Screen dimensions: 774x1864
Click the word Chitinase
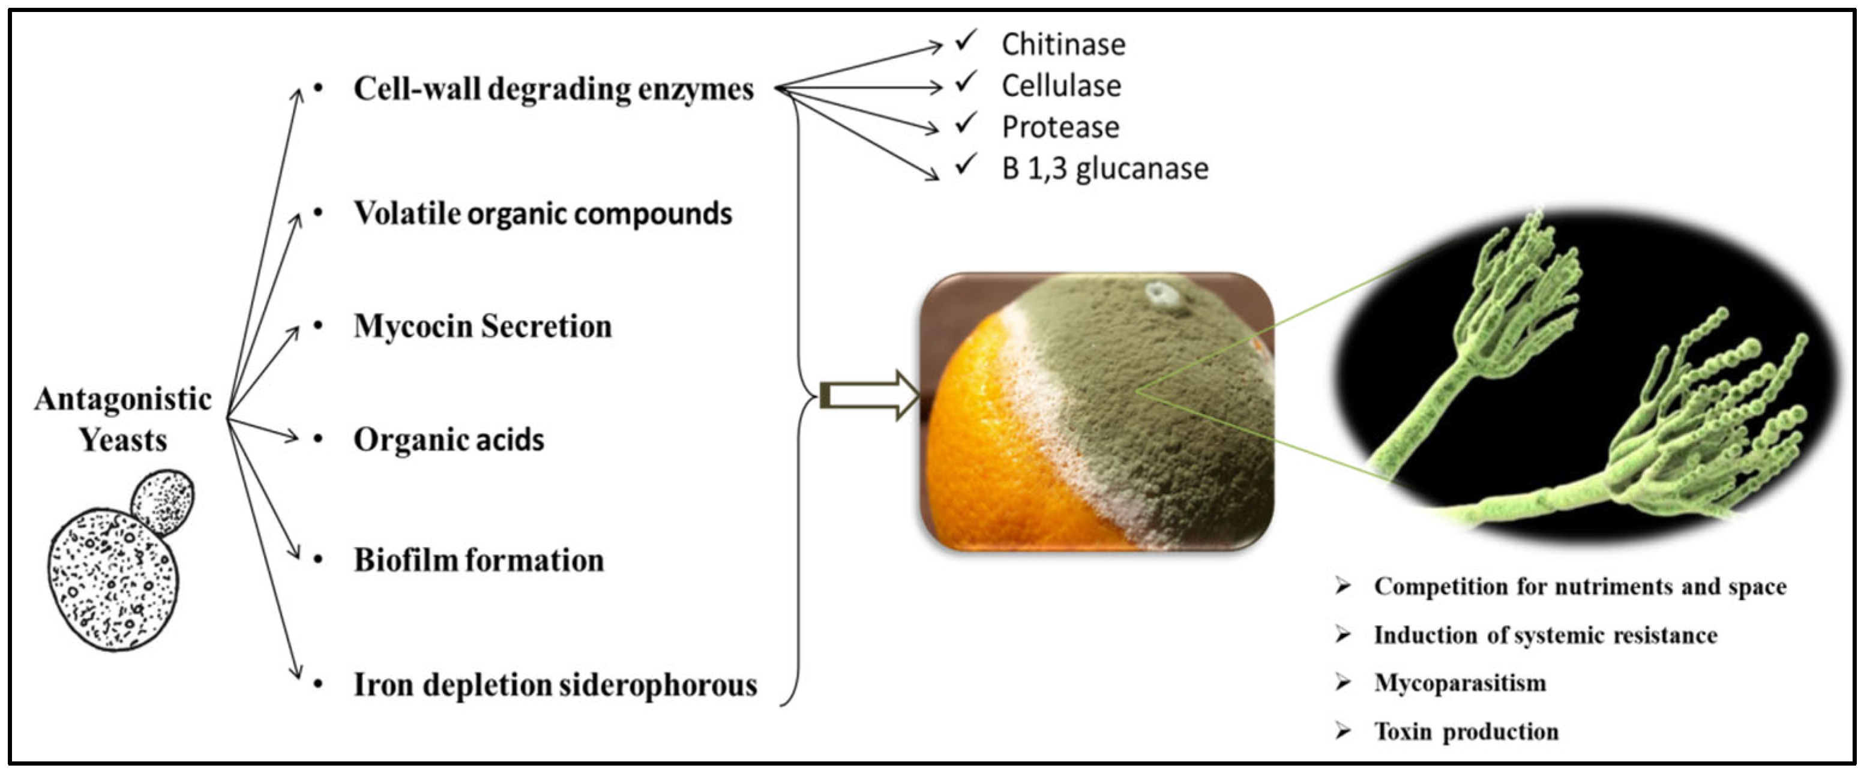point(1063,45)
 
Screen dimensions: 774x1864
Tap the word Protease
point(1060,127)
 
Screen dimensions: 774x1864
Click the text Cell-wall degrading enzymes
point(553,89)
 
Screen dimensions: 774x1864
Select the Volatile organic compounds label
point(543,214)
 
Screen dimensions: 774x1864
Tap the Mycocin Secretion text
point(483,327)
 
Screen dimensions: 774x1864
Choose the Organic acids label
point(449,440)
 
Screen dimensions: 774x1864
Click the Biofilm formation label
point(478,560)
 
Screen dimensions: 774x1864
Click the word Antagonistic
point(123,399)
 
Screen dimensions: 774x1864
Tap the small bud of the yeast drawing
point(162,503)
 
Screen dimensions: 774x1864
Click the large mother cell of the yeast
point(112,578)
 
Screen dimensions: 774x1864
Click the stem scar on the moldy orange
point(1164,295)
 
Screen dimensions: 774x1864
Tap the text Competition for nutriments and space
point(1580,587)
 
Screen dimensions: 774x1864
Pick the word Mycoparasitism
point(1460,683)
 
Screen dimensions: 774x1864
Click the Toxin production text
point(1466,731)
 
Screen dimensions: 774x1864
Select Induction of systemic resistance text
point(1545,635)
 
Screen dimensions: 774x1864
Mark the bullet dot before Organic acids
point(319,439)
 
